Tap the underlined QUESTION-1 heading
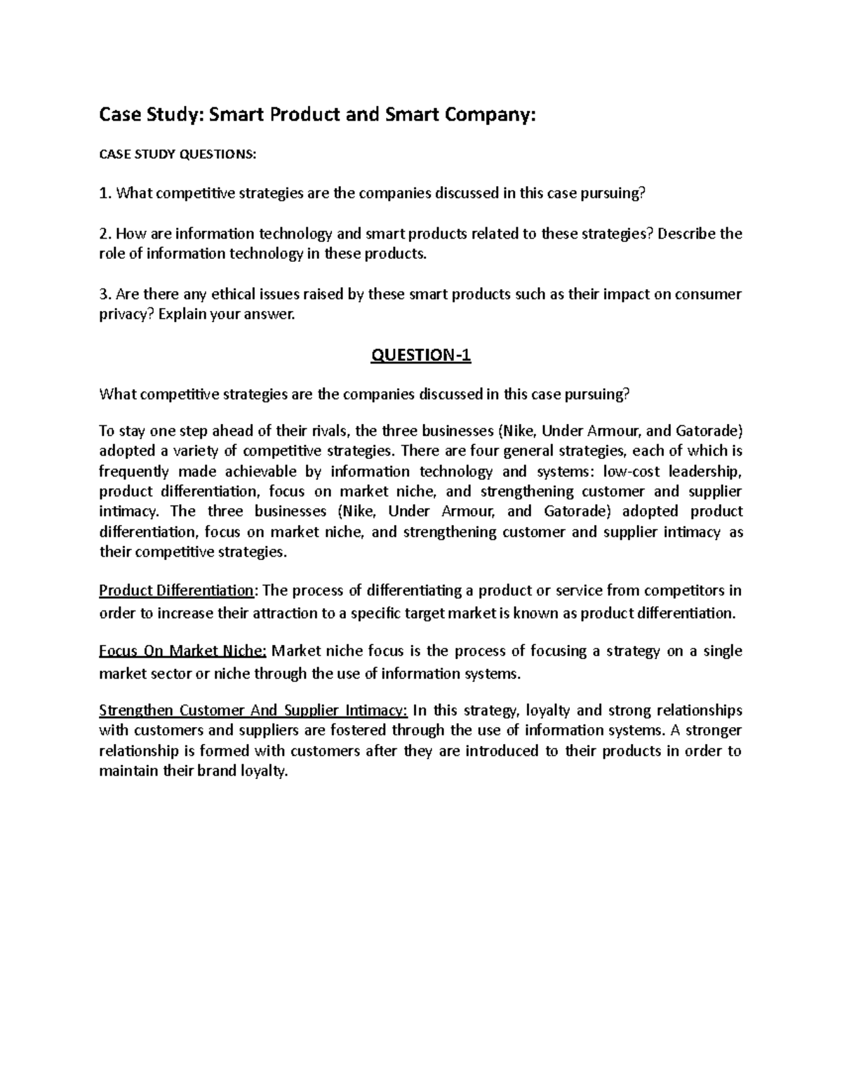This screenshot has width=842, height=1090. (420, 357)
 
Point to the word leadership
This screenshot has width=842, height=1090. (706, 471)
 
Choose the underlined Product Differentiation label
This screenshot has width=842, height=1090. (176, 590)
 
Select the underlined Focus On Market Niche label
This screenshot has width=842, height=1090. (182, 651)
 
